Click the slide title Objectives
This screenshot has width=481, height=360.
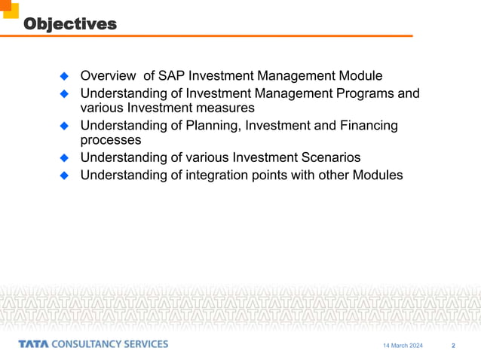pos(70,24)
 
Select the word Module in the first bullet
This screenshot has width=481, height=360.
pos(358,76)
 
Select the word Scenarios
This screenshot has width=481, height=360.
pos(321,157)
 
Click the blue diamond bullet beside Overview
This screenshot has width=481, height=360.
pos(65,77)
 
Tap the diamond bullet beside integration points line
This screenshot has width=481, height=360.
pos(65,175)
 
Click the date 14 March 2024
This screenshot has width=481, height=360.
pos(403,346)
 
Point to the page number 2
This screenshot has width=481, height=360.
pos(453,346)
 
